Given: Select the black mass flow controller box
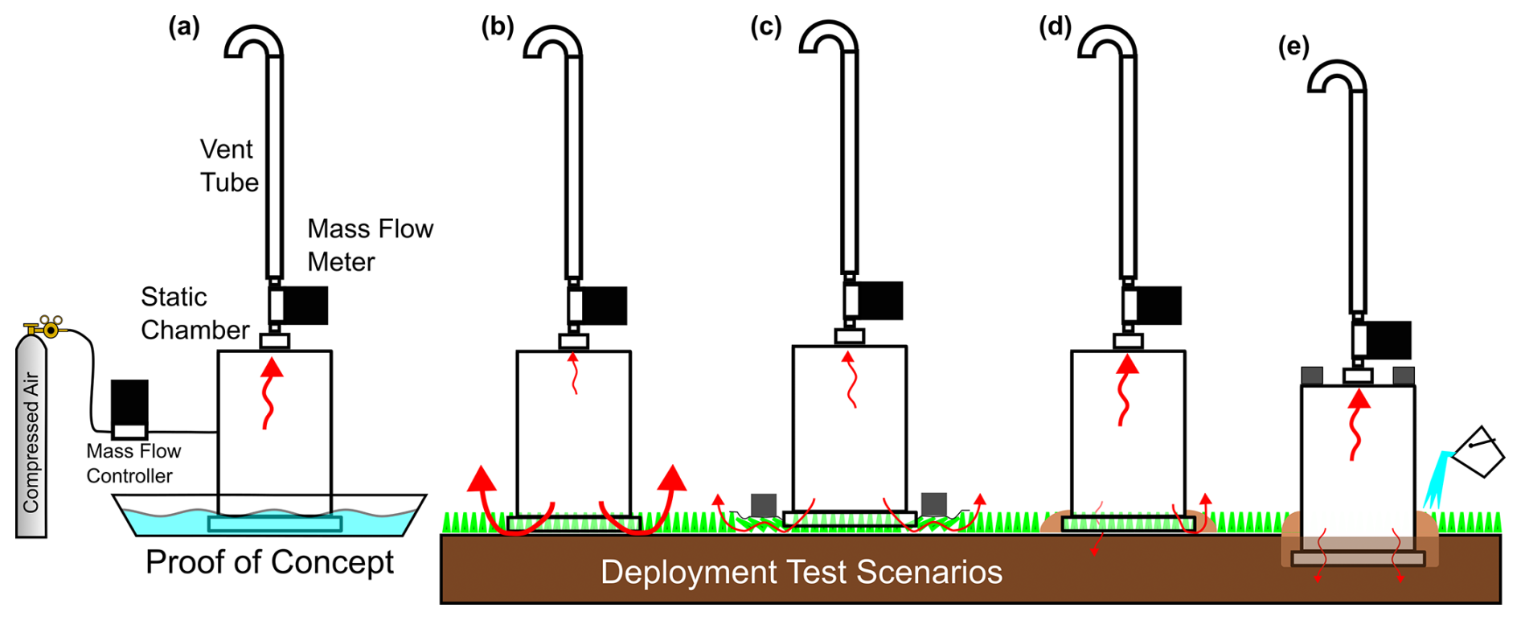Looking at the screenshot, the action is click(129, 403).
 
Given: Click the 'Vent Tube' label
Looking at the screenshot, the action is click(229, 166).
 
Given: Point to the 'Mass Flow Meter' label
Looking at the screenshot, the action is click(370, 245).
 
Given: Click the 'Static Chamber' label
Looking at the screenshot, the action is click(195, 314).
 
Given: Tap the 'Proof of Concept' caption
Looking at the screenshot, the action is click(269, 562).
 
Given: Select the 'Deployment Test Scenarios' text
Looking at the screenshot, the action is click(801, 573).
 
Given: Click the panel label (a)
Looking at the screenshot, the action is click(184, 27).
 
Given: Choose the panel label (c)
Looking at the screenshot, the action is click(766, 27).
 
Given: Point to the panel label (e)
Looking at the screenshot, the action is click(1293, 47).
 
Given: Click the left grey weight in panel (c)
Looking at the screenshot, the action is click(763, 505).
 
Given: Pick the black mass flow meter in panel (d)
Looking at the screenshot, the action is click(1158, 306).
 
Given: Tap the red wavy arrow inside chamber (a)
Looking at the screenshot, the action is click(271, 393).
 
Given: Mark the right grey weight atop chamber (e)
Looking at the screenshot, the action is click(1404, 376).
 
